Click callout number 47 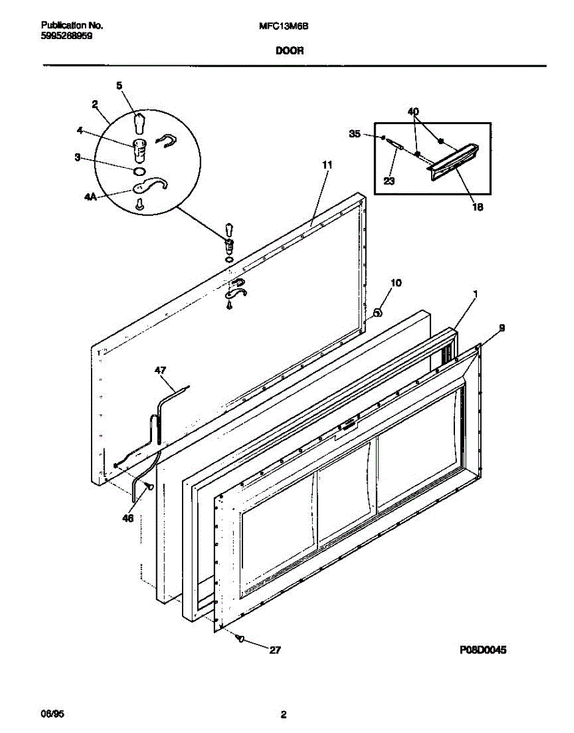click(x=160, y=370)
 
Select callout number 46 click(x=127, y=519)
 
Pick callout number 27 click(x=275, y=651)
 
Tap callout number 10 click(x=396, y=283)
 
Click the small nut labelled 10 click(x=377, y=313)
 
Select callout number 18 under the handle click(x=478, y=207)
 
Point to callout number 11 click(x=327, y=165)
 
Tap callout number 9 click(x=501, y=328)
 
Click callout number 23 click(x=390, y=181)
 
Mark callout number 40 click(x=413, y=112)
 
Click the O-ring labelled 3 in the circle click(x=139, y=170)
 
